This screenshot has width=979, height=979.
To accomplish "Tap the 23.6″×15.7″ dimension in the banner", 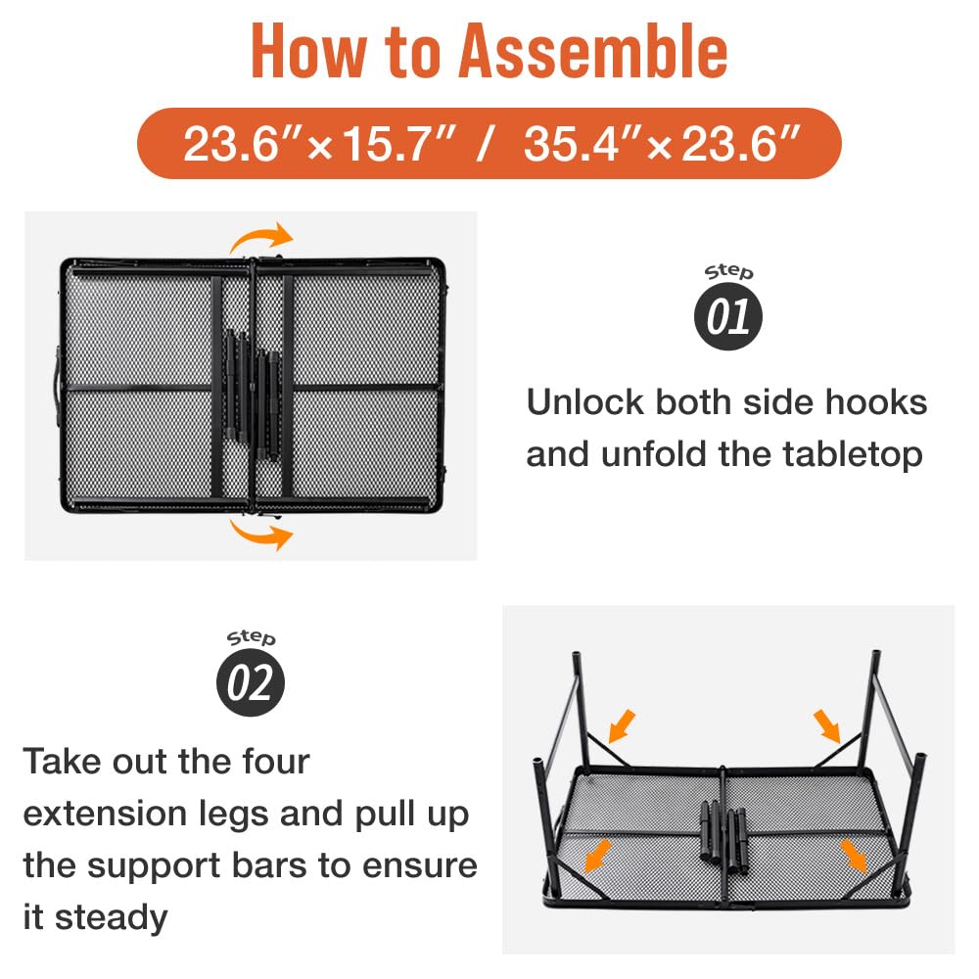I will (321, 144).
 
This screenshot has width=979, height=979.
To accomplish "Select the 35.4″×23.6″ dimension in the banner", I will (657, 144).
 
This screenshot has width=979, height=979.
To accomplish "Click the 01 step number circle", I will (728, 317).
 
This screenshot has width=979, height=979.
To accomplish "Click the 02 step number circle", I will (250, 683).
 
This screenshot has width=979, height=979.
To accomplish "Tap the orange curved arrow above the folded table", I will (261, 238).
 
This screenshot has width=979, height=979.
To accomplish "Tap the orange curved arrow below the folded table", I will (261, 534).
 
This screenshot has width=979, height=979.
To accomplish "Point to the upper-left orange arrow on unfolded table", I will (621, 725).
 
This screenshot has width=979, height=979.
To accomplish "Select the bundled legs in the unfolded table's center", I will (723, 835).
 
